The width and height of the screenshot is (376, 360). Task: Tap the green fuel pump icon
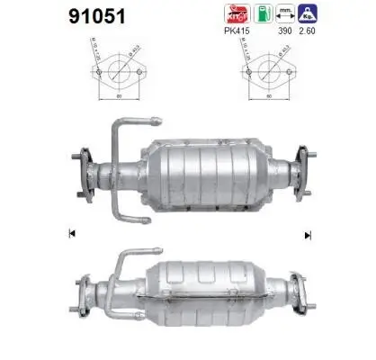tap(261, 14)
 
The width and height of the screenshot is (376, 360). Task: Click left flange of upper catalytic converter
tap(85, 170)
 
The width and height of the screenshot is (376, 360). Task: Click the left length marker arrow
tap(71, 235)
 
